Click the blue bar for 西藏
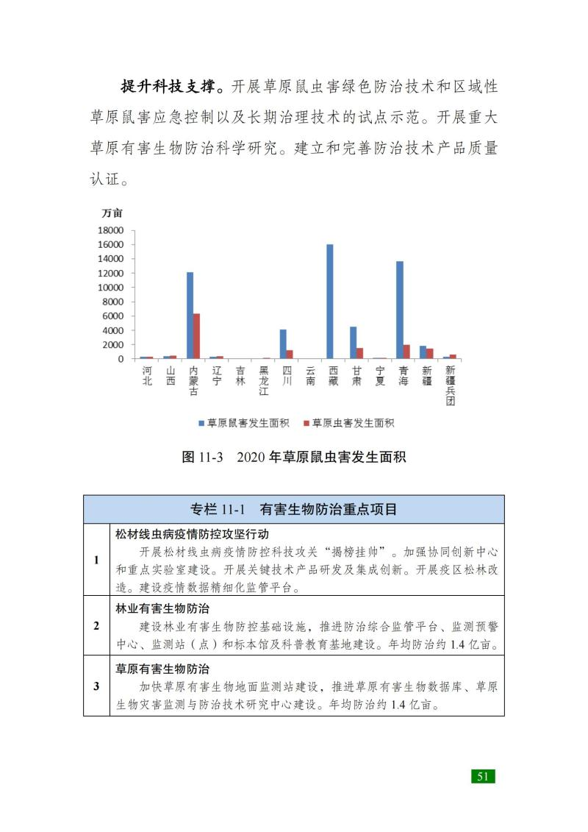point(329,302)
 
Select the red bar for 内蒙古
point(196,336)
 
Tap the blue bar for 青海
point(400,310)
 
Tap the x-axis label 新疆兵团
point(450,385)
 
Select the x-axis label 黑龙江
point(264,381)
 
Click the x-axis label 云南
point(310,377)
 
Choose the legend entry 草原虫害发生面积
point(348,423)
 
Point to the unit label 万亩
point(112,213)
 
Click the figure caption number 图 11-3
point(202,457)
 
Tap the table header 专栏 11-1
point(218,509)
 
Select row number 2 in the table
point(96,626)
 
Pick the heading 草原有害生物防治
point(162,669)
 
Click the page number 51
point(483,776)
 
